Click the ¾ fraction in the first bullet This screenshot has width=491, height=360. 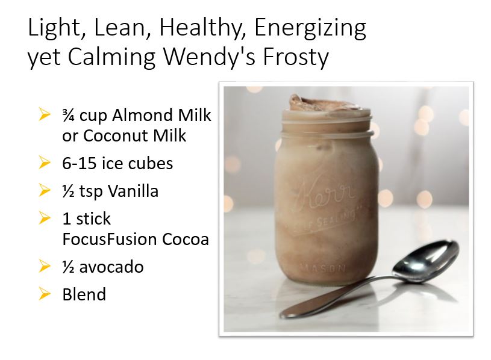coord(69,115)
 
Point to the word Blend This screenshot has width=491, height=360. coord(84,294)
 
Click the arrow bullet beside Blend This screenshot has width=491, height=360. coord(44,294)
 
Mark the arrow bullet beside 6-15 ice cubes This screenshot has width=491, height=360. coord(44,163)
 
